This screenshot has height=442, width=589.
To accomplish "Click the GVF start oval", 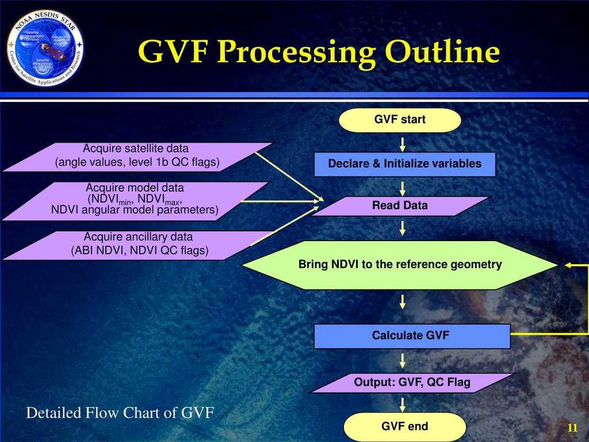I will [400, 120].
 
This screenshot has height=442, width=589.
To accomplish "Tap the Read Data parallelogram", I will [400, 206].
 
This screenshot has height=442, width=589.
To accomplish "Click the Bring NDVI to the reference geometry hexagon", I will [400, 265].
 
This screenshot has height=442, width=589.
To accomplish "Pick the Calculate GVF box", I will [412, 336].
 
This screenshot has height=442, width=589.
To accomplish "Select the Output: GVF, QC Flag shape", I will [412, 383].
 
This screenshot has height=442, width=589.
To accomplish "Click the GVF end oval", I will [404, 427].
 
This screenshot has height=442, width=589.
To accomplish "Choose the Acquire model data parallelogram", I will [135, 200].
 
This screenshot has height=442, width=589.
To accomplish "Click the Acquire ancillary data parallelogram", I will [138, 244].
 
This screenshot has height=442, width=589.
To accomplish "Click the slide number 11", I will [572, 428].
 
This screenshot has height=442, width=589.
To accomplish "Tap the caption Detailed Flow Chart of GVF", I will [120, 413].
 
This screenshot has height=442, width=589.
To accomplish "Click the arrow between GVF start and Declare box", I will [403, 143].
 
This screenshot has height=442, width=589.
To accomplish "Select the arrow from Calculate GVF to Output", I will [403, 361].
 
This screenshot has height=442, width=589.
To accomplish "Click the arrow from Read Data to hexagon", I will [403, 228].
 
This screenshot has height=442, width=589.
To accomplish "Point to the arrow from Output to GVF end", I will [403, 403].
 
